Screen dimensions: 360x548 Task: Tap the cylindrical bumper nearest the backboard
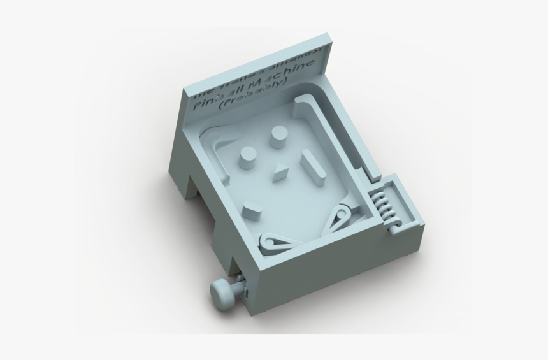[x=278, y=136]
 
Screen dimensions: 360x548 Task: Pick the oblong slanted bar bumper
[x=312, y=165]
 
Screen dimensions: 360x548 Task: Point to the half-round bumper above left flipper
[x=251, y=207]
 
